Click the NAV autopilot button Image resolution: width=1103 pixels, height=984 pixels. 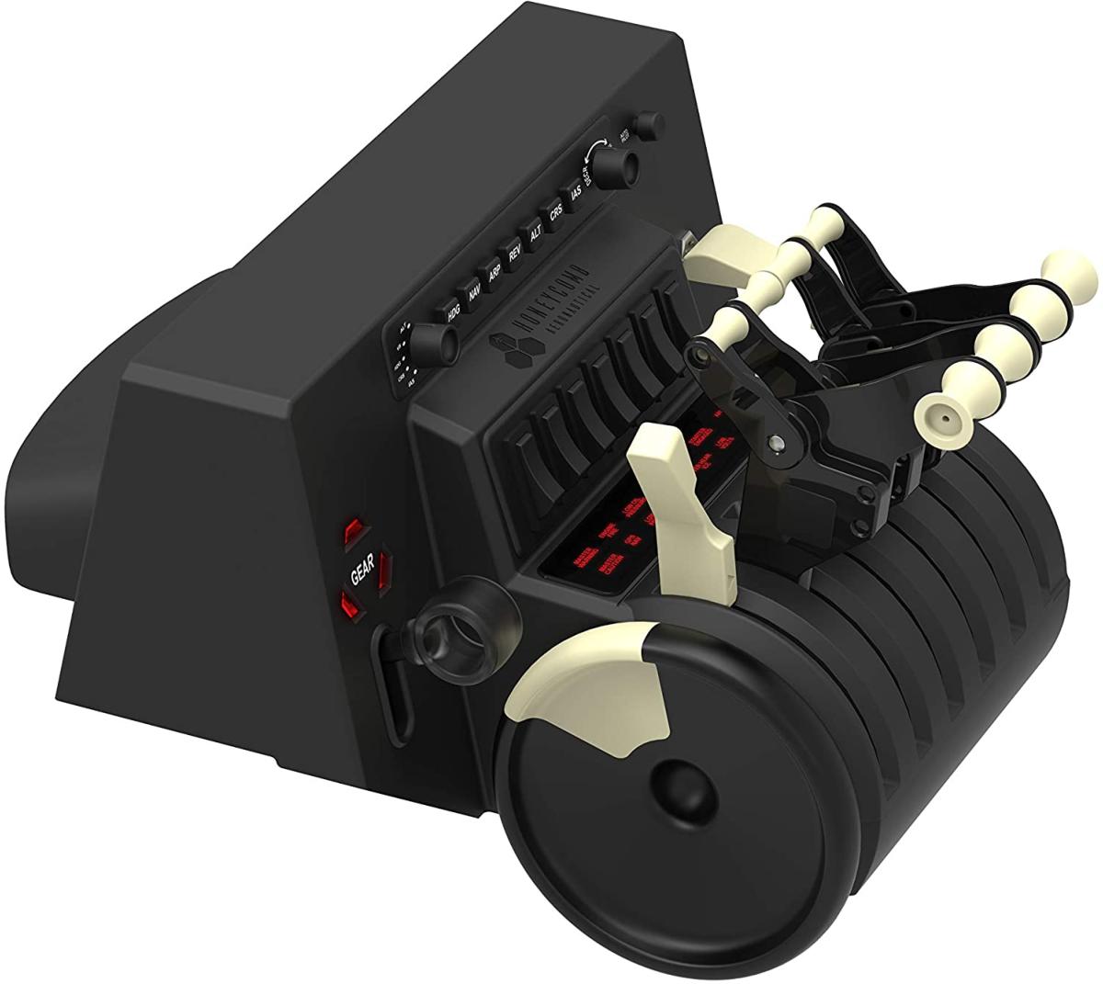(474, 293)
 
